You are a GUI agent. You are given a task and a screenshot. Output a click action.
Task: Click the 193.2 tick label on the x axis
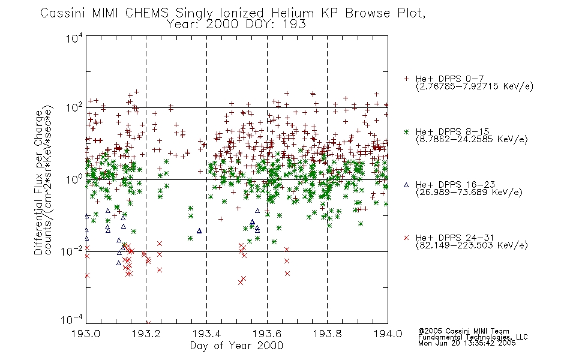146,334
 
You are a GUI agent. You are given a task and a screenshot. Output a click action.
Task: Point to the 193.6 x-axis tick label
267,334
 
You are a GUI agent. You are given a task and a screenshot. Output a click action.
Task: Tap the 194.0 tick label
388,334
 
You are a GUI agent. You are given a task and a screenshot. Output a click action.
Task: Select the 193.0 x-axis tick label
86,334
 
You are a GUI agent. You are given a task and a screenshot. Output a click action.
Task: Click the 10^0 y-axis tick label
74,179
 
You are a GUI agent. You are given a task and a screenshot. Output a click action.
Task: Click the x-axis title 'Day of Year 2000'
236,346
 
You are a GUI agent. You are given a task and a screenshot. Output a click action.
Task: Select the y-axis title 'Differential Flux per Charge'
38,182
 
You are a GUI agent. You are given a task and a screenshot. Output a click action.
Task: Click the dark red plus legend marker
406,79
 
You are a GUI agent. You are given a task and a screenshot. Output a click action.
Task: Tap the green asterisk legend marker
406,131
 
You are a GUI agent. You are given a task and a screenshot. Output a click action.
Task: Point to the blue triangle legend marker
406,185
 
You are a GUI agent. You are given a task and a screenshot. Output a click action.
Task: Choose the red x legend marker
406,238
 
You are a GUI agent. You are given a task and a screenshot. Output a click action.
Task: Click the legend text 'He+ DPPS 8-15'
452,131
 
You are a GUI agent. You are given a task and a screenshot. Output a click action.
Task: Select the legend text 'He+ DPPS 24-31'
455,238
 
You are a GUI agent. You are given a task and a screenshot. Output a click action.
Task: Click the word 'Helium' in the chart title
292,13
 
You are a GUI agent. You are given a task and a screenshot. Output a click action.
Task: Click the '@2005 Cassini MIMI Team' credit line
463,331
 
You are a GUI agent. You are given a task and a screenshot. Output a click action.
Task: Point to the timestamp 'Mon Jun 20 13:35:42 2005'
467,343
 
